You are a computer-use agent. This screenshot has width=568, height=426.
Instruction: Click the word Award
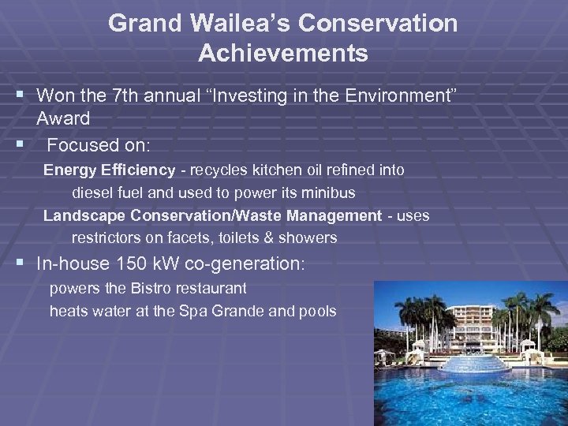pyautogui.click(x=63, y=118)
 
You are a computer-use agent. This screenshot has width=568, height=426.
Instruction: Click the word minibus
pyautogui.click(x=329, y=193)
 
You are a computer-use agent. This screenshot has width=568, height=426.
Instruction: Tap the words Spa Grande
pyautogui.click(x=226, y=311)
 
